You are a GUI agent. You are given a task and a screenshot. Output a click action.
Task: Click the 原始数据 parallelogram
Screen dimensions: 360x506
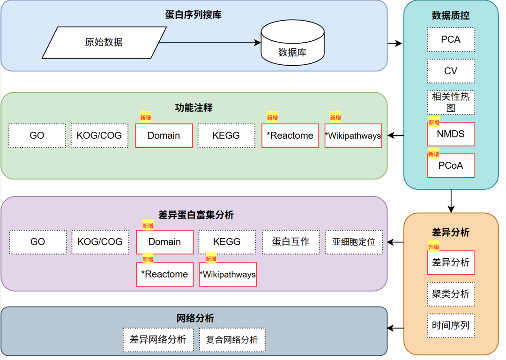104,42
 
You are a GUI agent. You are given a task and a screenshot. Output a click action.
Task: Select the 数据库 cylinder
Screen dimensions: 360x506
292,45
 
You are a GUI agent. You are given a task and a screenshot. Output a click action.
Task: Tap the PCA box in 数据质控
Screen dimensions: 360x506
451,39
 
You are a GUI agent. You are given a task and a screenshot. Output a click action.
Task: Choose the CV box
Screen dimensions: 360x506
451,71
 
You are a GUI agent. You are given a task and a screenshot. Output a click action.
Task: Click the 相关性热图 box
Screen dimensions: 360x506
451,102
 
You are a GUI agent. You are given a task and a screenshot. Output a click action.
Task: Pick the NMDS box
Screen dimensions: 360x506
451,135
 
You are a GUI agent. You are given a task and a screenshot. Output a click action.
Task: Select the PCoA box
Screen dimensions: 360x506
451,166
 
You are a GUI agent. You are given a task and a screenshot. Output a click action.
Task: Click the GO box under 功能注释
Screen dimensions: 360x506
37,135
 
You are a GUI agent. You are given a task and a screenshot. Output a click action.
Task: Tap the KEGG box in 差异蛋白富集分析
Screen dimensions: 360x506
227,242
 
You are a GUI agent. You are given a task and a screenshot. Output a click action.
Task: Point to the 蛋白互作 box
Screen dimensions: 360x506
290,242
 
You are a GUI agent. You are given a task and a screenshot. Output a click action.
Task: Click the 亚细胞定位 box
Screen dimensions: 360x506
354,242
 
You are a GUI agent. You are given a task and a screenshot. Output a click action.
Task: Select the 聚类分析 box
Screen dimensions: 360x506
451,294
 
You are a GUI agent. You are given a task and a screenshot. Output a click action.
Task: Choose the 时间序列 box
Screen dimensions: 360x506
451,325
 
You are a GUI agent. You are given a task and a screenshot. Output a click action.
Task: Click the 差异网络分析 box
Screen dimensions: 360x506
158,340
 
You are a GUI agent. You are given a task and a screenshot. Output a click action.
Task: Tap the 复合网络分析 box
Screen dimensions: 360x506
232,340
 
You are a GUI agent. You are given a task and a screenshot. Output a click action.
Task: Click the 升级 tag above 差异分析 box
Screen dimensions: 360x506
433,246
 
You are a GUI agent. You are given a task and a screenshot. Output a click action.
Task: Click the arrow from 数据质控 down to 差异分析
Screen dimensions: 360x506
451,201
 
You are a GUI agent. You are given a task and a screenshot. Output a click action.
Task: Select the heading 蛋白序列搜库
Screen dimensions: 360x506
193,15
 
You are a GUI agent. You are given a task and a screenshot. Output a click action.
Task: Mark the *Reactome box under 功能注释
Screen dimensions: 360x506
290,135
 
